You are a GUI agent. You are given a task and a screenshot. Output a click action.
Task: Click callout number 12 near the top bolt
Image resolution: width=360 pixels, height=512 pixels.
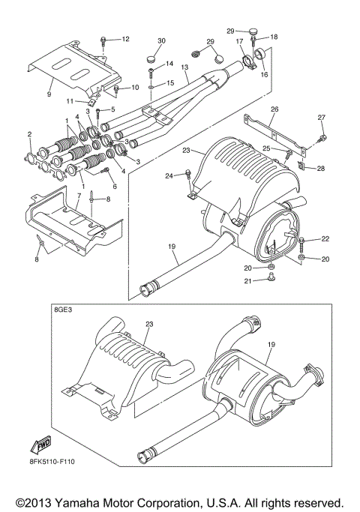tap(125, 38)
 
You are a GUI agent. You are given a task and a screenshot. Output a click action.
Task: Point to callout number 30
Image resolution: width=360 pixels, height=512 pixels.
tap(160, 40)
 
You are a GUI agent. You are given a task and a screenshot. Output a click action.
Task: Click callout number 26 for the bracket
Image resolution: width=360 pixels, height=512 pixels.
tap(274, 109)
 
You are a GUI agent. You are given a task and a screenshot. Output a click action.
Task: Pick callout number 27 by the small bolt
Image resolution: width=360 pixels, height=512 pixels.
tap(322, 118)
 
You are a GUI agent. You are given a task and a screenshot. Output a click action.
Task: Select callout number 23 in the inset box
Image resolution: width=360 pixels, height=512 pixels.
tap(149, 324)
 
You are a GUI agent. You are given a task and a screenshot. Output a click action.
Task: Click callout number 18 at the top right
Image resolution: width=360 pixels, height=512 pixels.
tap(274, 37)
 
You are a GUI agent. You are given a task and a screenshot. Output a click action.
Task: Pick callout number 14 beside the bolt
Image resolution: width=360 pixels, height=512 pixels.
tap(169, 64)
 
